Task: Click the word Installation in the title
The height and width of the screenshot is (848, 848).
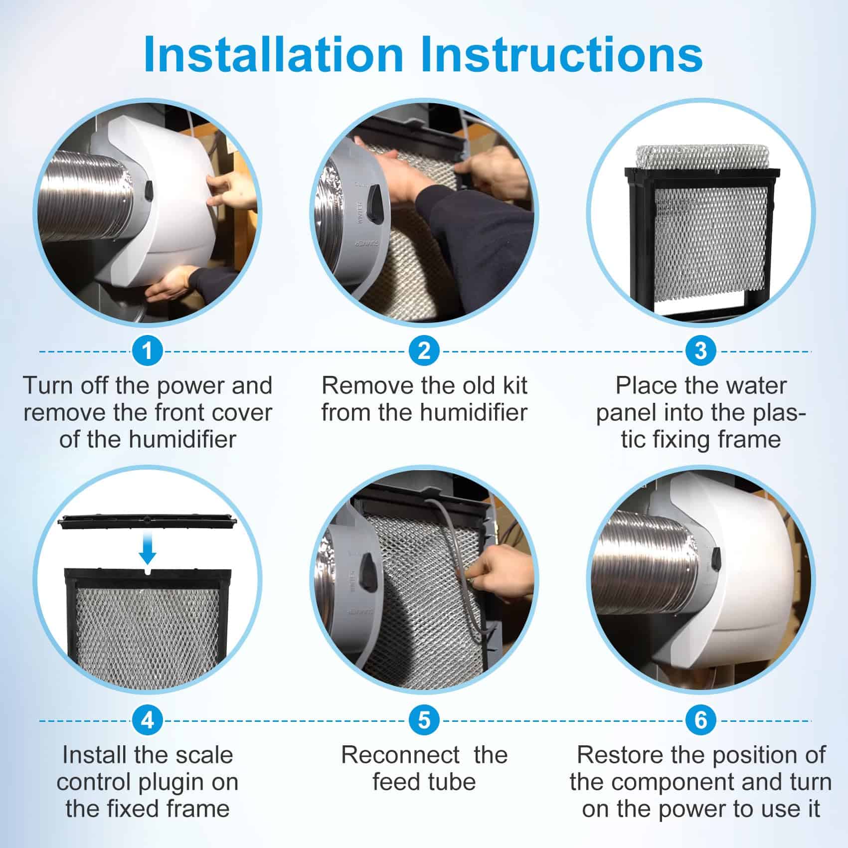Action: point(273,54)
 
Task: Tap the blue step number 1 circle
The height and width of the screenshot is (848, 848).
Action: point(147,351)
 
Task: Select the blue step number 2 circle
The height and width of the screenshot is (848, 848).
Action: point(424,351)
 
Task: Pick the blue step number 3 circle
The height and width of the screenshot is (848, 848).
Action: point(700,351)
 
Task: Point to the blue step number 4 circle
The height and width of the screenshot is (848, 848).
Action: point(147,720)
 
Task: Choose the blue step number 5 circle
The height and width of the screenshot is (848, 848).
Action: point(424,720)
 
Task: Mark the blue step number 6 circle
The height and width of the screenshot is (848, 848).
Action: point(700,720)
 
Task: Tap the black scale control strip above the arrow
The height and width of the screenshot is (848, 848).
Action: point(148,522)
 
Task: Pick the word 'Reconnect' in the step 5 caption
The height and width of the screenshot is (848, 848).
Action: point(400,755)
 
